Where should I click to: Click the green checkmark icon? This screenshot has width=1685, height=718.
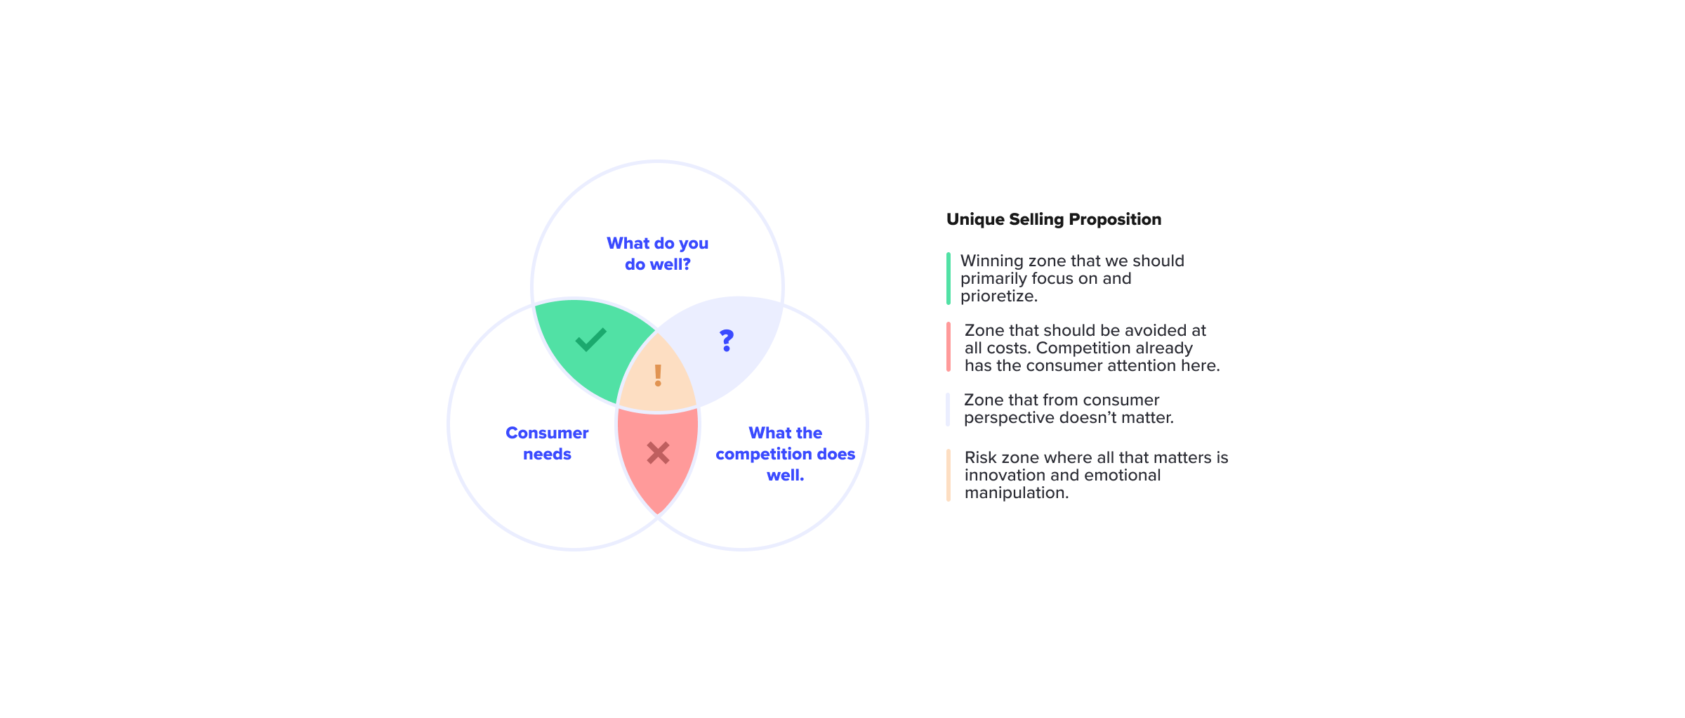[590, 339]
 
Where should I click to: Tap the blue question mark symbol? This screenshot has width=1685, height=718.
[727, 341]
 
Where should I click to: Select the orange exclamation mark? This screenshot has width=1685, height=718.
[658, 375]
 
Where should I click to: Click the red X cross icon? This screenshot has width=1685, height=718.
[658, 453]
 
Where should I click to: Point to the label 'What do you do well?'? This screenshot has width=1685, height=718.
[658, 254]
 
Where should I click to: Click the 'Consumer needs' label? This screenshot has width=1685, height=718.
[547, 443]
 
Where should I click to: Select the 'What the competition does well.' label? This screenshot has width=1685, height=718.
[786, 454]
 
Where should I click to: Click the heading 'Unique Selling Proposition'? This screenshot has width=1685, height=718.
[1054, 219]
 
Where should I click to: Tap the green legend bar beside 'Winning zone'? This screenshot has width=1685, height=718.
[949, 278]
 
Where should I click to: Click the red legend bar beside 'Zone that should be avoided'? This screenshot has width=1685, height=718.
[949, 347]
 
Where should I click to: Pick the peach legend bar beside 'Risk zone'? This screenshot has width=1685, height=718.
[949, 475]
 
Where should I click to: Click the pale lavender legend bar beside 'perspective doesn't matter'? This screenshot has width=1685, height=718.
[949, 409]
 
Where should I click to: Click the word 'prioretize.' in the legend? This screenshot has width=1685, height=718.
[999, 296]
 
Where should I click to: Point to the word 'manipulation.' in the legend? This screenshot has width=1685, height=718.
[1017, 493]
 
